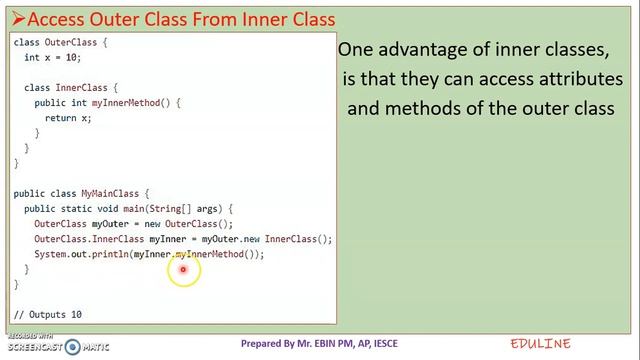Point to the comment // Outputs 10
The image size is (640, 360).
[x=48, y=314]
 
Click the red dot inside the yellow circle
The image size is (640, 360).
[x=183, y=268]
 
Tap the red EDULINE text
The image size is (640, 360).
[x=540, y=344]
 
